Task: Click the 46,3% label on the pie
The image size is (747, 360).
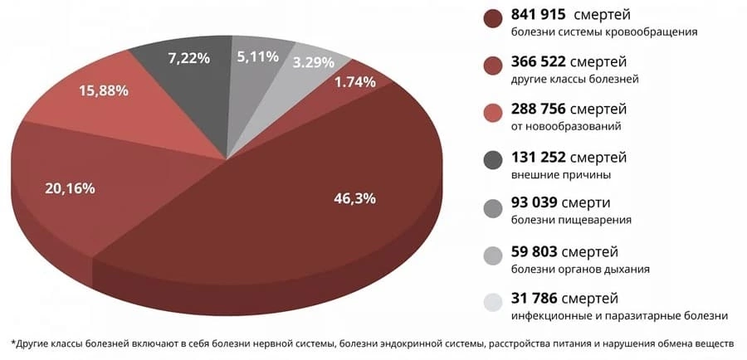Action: [x=354, y=198]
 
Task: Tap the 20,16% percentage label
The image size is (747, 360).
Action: [x=70, y=188]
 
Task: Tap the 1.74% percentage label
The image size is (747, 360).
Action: [x=355, y=81]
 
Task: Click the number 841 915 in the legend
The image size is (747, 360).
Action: [x=542, y=15]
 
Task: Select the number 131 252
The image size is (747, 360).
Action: [x=542, y=157]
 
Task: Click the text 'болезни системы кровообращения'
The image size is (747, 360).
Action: [x=603, y=32]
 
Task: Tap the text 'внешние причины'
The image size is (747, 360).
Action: [x=561, y=174]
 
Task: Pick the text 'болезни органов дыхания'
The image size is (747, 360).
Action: [x=580, y=269]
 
